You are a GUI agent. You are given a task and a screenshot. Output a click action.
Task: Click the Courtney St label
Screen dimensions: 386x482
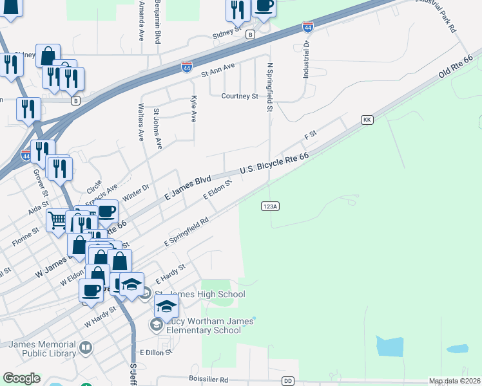tap(240, 96)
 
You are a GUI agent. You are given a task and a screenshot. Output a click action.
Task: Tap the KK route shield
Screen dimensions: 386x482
tap(367, 120)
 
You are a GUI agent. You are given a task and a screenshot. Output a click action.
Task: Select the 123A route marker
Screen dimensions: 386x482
tap(270, 206)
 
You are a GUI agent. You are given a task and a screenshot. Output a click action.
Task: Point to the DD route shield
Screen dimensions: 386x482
tap(288, 381)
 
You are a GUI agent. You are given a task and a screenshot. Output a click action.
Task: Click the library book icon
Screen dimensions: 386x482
tap(86, 349)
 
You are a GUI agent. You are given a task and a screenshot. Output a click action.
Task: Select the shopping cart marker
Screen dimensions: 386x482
tap(57, 220)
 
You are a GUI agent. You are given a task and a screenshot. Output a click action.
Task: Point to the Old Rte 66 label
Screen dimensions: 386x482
tap(456, 67)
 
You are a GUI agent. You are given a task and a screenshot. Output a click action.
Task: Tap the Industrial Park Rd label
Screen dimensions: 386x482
tap(436, 16)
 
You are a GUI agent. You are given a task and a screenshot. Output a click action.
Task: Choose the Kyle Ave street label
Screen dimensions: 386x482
tap(193, 109)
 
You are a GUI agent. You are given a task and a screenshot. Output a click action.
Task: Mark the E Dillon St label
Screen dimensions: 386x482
tap(157, 353)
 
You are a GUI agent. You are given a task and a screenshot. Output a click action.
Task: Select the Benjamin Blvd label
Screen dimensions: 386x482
tap(157, 22)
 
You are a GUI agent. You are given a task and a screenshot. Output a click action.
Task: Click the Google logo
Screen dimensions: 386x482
tap(21, 378)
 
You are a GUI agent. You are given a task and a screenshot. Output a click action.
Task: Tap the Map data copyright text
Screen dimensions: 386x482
tap(454, 381)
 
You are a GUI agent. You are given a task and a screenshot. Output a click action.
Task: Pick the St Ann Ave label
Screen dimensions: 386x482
tap(218, 69)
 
